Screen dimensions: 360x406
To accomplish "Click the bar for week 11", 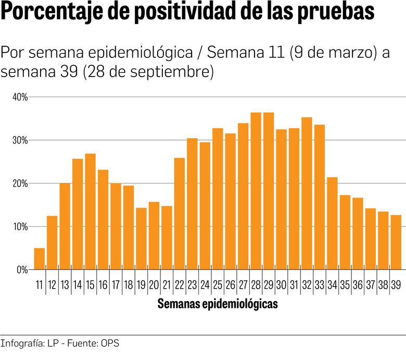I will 39,259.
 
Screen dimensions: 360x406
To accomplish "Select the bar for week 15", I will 90,212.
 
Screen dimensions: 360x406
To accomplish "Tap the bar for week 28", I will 256,191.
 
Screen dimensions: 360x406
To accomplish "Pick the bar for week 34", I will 332,224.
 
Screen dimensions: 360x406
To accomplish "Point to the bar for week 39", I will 396,242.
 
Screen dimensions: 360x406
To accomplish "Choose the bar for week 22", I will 179,214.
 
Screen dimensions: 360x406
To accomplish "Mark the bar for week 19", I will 141,239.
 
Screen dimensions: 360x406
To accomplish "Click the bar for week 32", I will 307,193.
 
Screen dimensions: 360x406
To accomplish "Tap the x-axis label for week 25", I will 218,285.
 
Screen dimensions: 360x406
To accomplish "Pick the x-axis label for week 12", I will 52,285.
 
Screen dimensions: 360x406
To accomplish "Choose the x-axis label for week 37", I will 370,285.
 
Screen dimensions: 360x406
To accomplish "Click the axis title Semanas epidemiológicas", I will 218,304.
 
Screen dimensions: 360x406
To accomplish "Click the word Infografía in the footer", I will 21,344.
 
